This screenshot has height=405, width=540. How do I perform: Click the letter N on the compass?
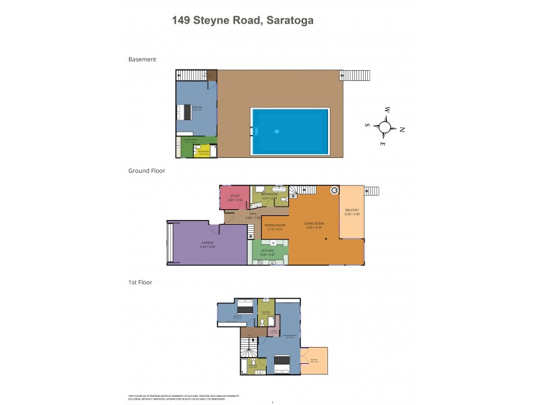[402, 130]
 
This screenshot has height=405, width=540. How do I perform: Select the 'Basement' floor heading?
[142, 59]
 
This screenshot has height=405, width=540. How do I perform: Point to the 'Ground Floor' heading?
[146, 171]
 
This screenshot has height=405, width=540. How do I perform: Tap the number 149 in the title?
[184, 20]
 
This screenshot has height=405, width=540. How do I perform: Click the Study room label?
[234, 198]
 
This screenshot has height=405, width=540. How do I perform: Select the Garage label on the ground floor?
[207, 245]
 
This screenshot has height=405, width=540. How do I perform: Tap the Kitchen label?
[269, 253]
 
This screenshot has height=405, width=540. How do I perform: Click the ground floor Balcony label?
[352, 212]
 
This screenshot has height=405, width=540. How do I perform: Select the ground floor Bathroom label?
[269, 196]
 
